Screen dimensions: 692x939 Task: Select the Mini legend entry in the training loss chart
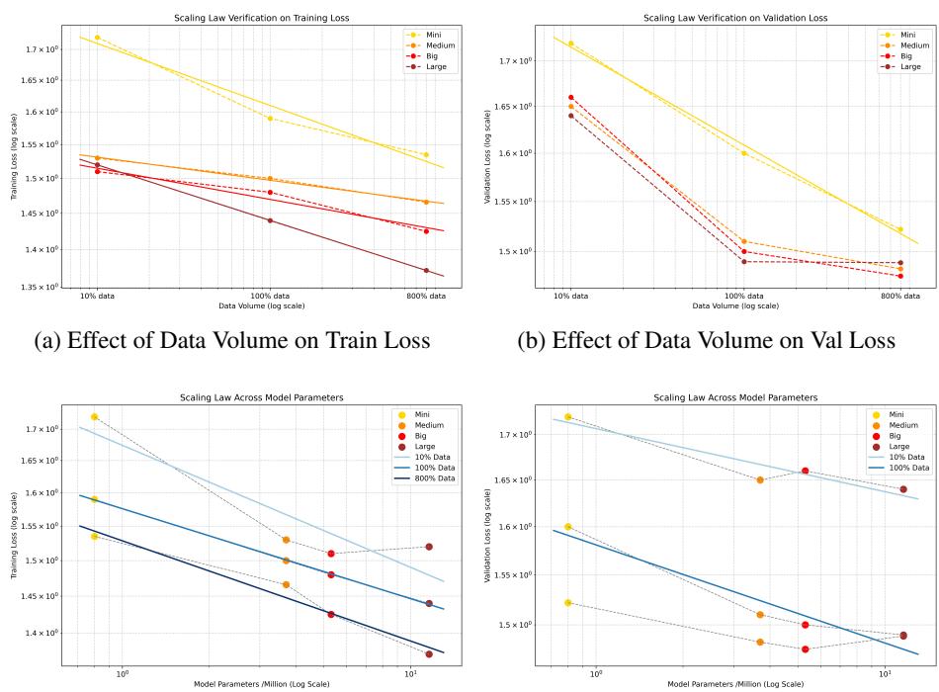click(x=425, y=34)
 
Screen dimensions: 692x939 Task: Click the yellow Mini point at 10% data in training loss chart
click(x=97, y=38)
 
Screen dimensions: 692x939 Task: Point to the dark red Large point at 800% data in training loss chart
click(x=426, y=270)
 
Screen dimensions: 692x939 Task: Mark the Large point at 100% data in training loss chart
click(x=270, y=220)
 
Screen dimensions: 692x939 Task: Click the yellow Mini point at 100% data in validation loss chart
click(x=744, y=153)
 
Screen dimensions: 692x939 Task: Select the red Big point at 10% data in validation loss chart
click(x=571, y=97)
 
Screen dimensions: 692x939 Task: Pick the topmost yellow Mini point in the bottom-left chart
click(x=94, y=416)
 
